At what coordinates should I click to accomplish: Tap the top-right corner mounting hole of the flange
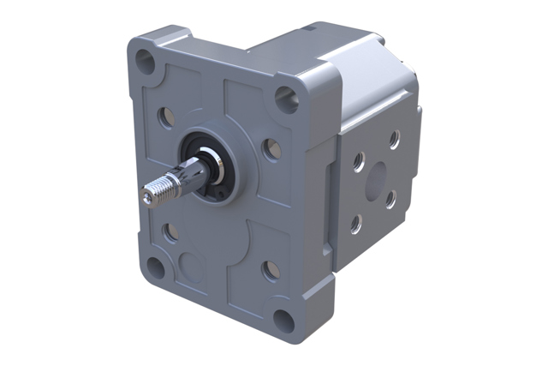click(286, 100)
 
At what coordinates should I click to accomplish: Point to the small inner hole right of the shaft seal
click(271, 150)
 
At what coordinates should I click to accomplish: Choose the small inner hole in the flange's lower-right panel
click(270, 271)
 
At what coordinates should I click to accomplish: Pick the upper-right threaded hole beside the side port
click(393, 137)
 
